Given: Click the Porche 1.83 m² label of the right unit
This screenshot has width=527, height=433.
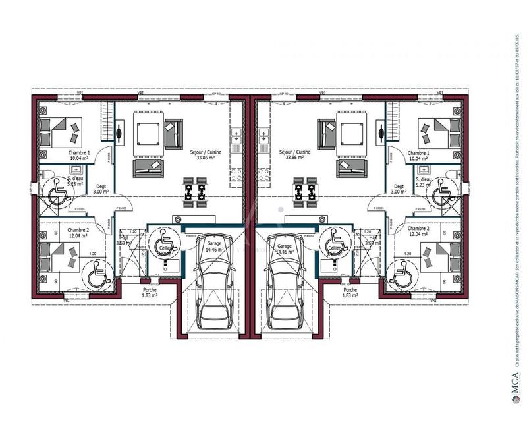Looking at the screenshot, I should pyautogui.click(x=350, y=293).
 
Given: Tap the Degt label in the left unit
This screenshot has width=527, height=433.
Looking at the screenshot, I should pyautogui.click(x=101, y=187).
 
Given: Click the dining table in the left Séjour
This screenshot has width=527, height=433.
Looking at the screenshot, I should pyautogui.click(x=194, y=192).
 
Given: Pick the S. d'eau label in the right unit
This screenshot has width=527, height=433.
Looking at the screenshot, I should pyautogui.click(x=424, y=179).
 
